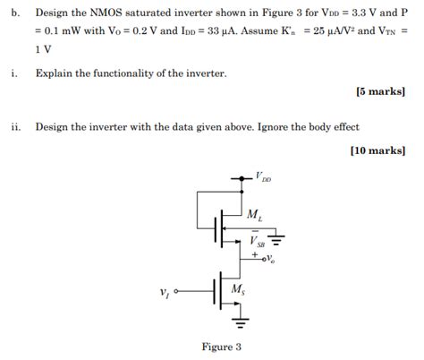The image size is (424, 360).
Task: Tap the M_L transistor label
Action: [255, 215]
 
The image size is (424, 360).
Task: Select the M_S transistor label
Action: [238, 288]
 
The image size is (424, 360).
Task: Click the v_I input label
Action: [163, 293]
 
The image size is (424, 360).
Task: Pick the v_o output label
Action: [268, 258]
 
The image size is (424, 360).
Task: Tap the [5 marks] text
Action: [380, 91]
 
